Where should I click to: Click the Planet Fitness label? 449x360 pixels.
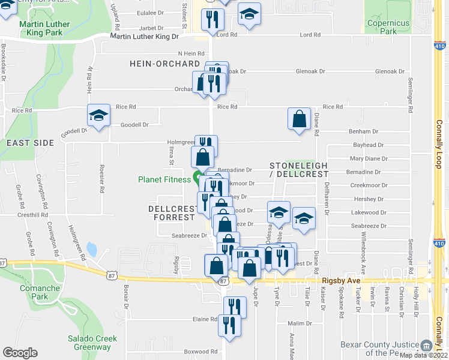coord(164,179)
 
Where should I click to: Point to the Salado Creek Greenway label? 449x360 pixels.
coord(92,343)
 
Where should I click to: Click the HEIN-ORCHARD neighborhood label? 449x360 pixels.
coord(163,64)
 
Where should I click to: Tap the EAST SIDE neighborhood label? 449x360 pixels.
coord(30,143)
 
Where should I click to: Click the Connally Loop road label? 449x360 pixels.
coord(439,150)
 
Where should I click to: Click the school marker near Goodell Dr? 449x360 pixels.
coord(98,115)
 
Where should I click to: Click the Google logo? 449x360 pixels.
coord(20,353)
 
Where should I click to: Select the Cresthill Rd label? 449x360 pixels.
coord(33,214)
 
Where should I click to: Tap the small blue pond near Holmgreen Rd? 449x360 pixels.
coord(92,248)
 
